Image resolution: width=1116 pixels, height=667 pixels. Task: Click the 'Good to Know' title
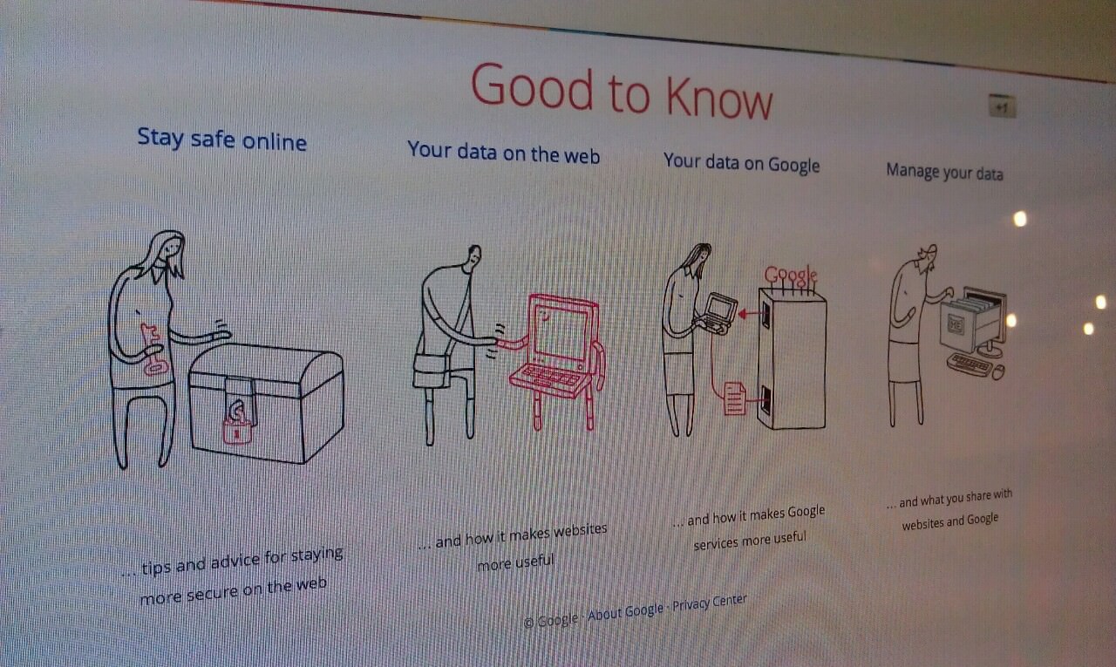coord(622,93)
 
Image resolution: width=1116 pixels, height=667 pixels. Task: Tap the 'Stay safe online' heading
coord(221,139)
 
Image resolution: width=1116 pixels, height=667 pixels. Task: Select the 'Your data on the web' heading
coord(503,153)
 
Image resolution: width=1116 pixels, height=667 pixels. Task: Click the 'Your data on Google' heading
coord(741,163)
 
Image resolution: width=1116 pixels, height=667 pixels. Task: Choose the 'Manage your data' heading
coord(944,172)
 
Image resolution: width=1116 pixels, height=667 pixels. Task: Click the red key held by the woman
coord(153,349)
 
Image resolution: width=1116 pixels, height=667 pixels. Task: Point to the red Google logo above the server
coord(790,275)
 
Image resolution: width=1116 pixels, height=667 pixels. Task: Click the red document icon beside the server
coord(734,398)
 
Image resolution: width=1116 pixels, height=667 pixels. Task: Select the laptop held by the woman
coord(718,313)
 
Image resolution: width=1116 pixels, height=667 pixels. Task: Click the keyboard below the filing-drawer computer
coord(969,364)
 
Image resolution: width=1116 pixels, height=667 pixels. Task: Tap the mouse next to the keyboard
coord(998,371)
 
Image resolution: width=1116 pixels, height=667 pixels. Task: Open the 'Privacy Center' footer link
coord(710,602)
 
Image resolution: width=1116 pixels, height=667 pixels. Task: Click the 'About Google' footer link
coord(625,612)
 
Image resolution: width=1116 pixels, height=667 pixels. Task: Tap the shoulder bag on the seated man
coord(432,371)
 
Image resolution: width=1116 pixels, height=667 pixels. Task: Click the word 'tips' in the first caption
coord(156,568)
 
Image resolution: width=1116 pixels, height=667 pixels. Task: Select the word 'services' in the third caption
coord(716,543)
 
